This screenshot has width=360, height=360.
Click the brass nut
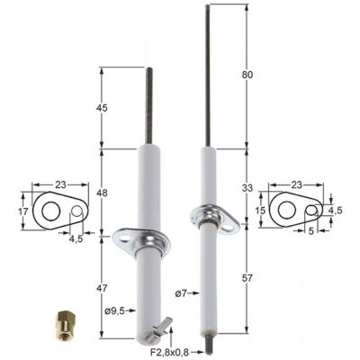[64, 319]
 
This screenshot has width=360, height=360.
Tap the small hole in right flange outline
[312, 210]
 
